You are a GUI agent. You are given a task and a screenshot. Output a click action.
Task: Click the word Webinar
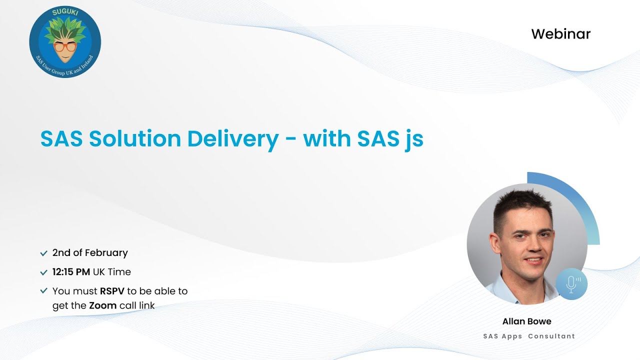pos(560,34)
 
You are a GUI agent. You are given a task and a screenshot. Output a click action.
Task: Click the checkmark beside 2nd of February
pos(44,253)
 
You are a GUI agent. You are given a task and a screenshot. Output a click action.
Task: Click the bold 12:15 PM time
pos(71,272)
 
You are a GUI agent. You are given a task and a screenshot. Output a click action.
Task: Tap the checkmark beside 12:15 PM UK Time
pos(44,272)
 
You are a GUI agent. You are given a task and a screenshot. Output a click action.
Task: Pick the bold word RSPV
pos(112,291)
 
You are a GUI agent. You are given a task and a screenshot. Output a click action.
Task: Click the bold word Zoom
pos(103,305)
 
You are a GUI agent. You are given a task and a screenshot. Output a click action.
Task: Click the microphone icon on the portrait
pos(571,284)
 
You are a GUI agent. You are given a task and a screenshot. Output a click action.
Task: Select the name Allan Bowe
pos(526,321)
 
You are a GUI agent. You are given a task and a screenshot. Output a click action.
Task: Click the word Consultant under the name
pos(551,336)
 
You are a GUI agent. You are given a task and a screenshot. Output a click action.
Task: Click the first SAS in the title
pos(61,139)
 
